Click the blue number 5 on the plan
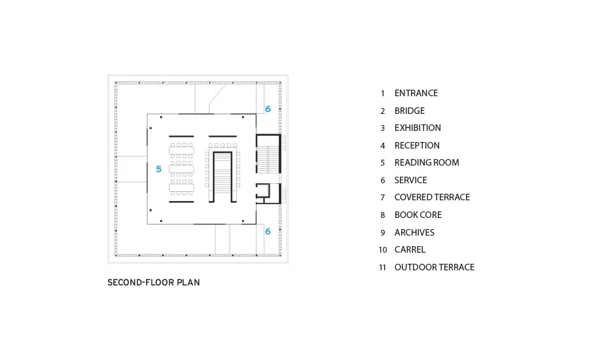[x=158, y=169]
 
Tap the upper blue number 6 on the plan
[x=268, y=109]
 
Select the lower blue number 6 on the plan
[x=268, y=232]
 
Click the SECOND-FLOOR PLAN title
[x=154, y=283]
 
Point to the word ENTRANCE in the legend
[x=416, y=93]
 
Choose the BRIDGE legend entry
[x=410, y=111]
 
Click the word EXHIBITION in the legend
[x=418, y=128]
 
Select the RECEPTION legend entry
[x=417, y=145]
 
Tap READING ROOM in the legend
[x=427, y=163]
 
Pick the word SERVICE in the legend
[x=410, y=181]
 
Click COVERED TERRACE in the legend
[x=432, y=197]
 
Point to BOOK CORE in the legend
[x=418, y=215]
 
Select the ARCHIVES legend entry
[x=414, y=232]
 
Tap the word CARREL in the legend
[x=410, y=249]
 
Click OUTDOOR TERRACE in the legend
[x=435, y=267]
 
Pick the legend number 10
[x=382, y=250]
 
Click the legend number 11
[x=382, y=268]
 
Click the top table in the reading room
[x=181, y=151]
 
